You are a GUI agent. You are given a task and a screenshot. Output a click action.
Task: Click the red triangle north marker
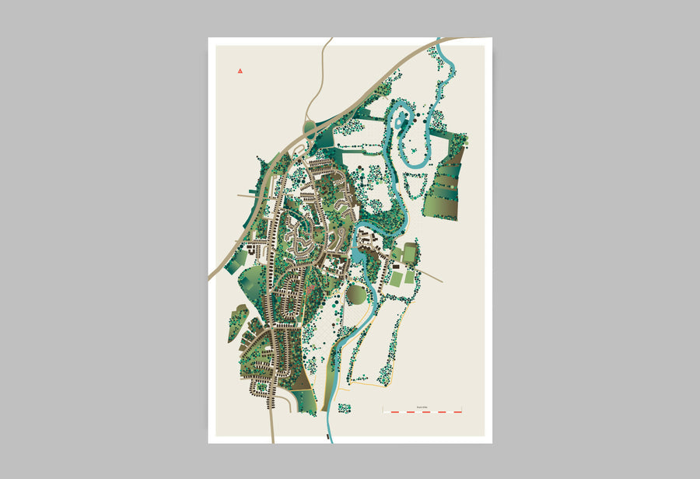point(240,72)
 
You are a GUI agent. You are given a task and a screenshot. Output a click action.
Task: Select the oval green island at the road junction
point(310,126)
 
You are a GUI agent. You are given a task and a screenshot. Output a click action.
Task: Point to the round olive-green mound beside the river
point(355,295)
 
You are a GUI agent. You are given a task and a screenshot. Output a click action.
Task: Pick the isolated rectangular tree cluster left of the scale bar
point(345,407)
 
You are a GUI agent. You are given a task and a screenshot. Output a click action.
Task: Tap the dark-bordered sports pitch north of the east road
point(409,253)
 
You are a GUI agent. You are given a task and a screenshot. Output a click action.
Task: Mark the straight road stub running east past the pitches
point(430,276)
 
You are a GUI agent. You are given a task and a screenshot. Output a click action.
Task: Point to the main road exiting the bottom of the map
point(271,424)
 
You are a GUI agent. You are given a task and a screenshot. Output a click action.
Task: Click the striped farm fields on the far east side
point(443,187)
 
